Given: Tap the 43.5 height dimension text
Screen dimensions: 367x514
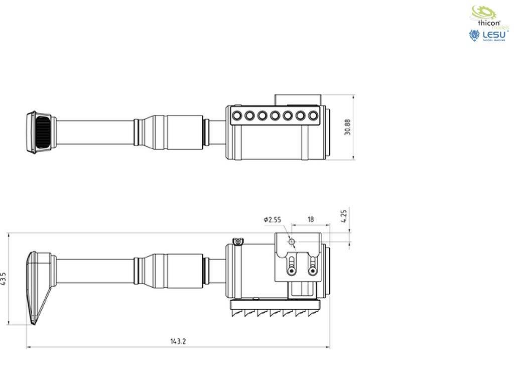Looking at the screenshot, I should coord(4,279).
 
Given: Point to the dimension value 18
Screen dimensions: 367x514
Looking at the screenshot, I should coord(311,219).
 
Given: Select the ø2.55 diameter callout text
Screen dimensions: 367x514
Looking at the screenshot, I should coord(272,219).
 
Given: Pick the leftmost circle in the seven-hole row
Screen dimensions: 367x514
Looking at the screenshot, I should coord(236,116).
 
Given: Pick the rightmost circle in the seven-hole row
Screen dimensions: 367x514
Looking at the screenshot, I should coord(313,116).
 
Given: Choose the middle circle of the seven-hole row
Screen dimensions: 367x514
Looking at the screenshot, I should coord(275,116).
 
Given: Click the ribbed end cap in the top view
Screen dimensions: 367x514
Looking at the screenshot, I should coord(40,132).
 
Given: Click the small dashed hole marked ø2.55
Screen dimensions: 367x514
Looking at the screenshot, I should coord(291,242).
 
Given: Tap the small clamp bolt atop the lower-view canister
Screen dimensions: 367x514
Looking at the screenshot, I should coord(237,242).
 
